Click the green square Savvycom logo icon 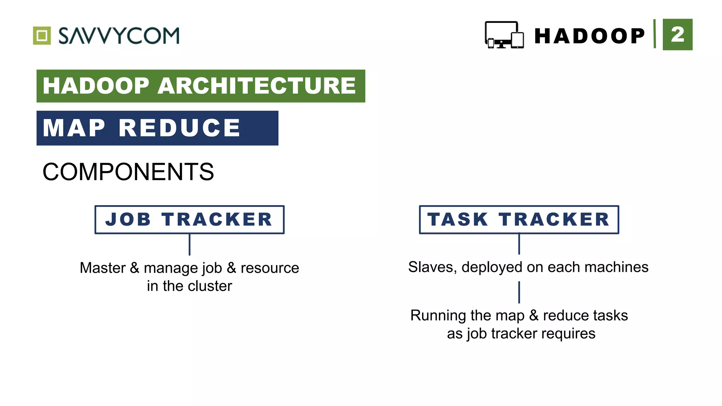(x=42, y=36)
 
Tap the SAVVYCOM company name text (x=119, y=36)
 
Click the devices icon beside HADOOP (x=504, y=35)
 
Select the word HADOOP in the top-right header (x=589, y=36)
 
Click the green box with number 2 (x=677, y=35)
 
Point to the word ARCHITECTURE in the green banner (x=257, y=86)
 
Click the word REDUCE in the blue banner (x=179, y=128)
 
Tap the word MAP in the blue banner (x=74, y=128)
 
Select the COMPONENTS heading (x=128, y=172)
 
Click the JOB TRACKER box (x=189, y=220)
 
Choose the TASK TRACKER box (x=519, y=220)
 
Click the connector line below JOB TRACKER (x=190, y=245)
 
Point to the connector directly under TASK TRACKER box (x=519, y=244)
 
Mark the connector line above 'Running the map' (x=519, y=292)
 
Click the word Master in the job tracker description (x=103, y=268)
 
